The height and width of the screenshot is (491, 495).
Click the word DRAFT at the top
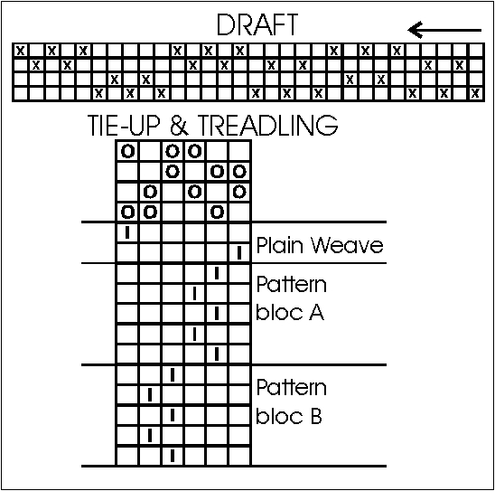point(257,24)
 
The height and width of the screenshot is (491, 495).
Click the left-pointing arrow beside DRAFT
point(444,30)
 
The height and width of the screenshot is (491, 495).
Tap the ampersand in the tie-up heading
point(180,126)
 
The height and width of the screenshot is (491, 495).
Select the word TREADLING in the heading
point(267,126)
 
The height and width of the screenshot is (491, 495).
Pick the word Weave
point(347,245)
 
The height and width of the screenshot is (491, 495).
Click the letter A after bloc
point(316,313)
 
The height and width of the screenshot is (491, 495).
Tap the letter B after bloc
point(316,416)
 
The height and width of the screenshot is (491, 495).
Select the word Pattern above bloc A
point(292,284)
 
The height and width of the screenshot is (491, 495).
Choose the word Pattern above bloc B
point(292,387)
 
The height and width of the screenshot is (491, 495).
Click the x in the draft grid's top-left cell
point(21,51)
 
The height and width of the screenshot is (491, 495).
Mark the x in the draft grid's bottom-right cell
point(475,93)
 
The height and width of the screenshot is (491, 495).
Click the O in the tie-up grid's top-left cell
point(128,151)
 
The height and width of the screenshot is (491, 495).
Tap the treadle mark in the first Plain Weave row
point(127,232)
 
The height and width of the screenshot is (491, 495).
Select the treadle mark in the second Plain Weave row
point(239,252)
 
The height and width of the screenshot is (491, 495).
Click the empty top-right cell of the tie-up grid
point(239,151)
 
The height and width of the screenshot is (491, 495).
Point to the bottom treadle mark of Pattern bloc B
point(173,456)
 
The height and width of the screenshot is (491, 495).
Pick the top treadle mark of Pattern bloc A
point(217,273)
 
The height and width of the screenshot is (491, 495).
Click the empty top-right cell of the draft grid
point(476,51)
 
